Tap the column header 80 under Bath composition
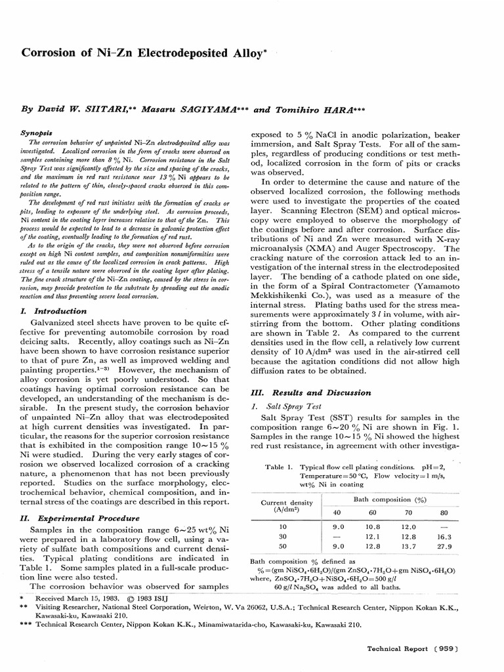(x=443, y=512)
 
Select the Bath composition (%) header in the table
(x=390, y=499)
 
